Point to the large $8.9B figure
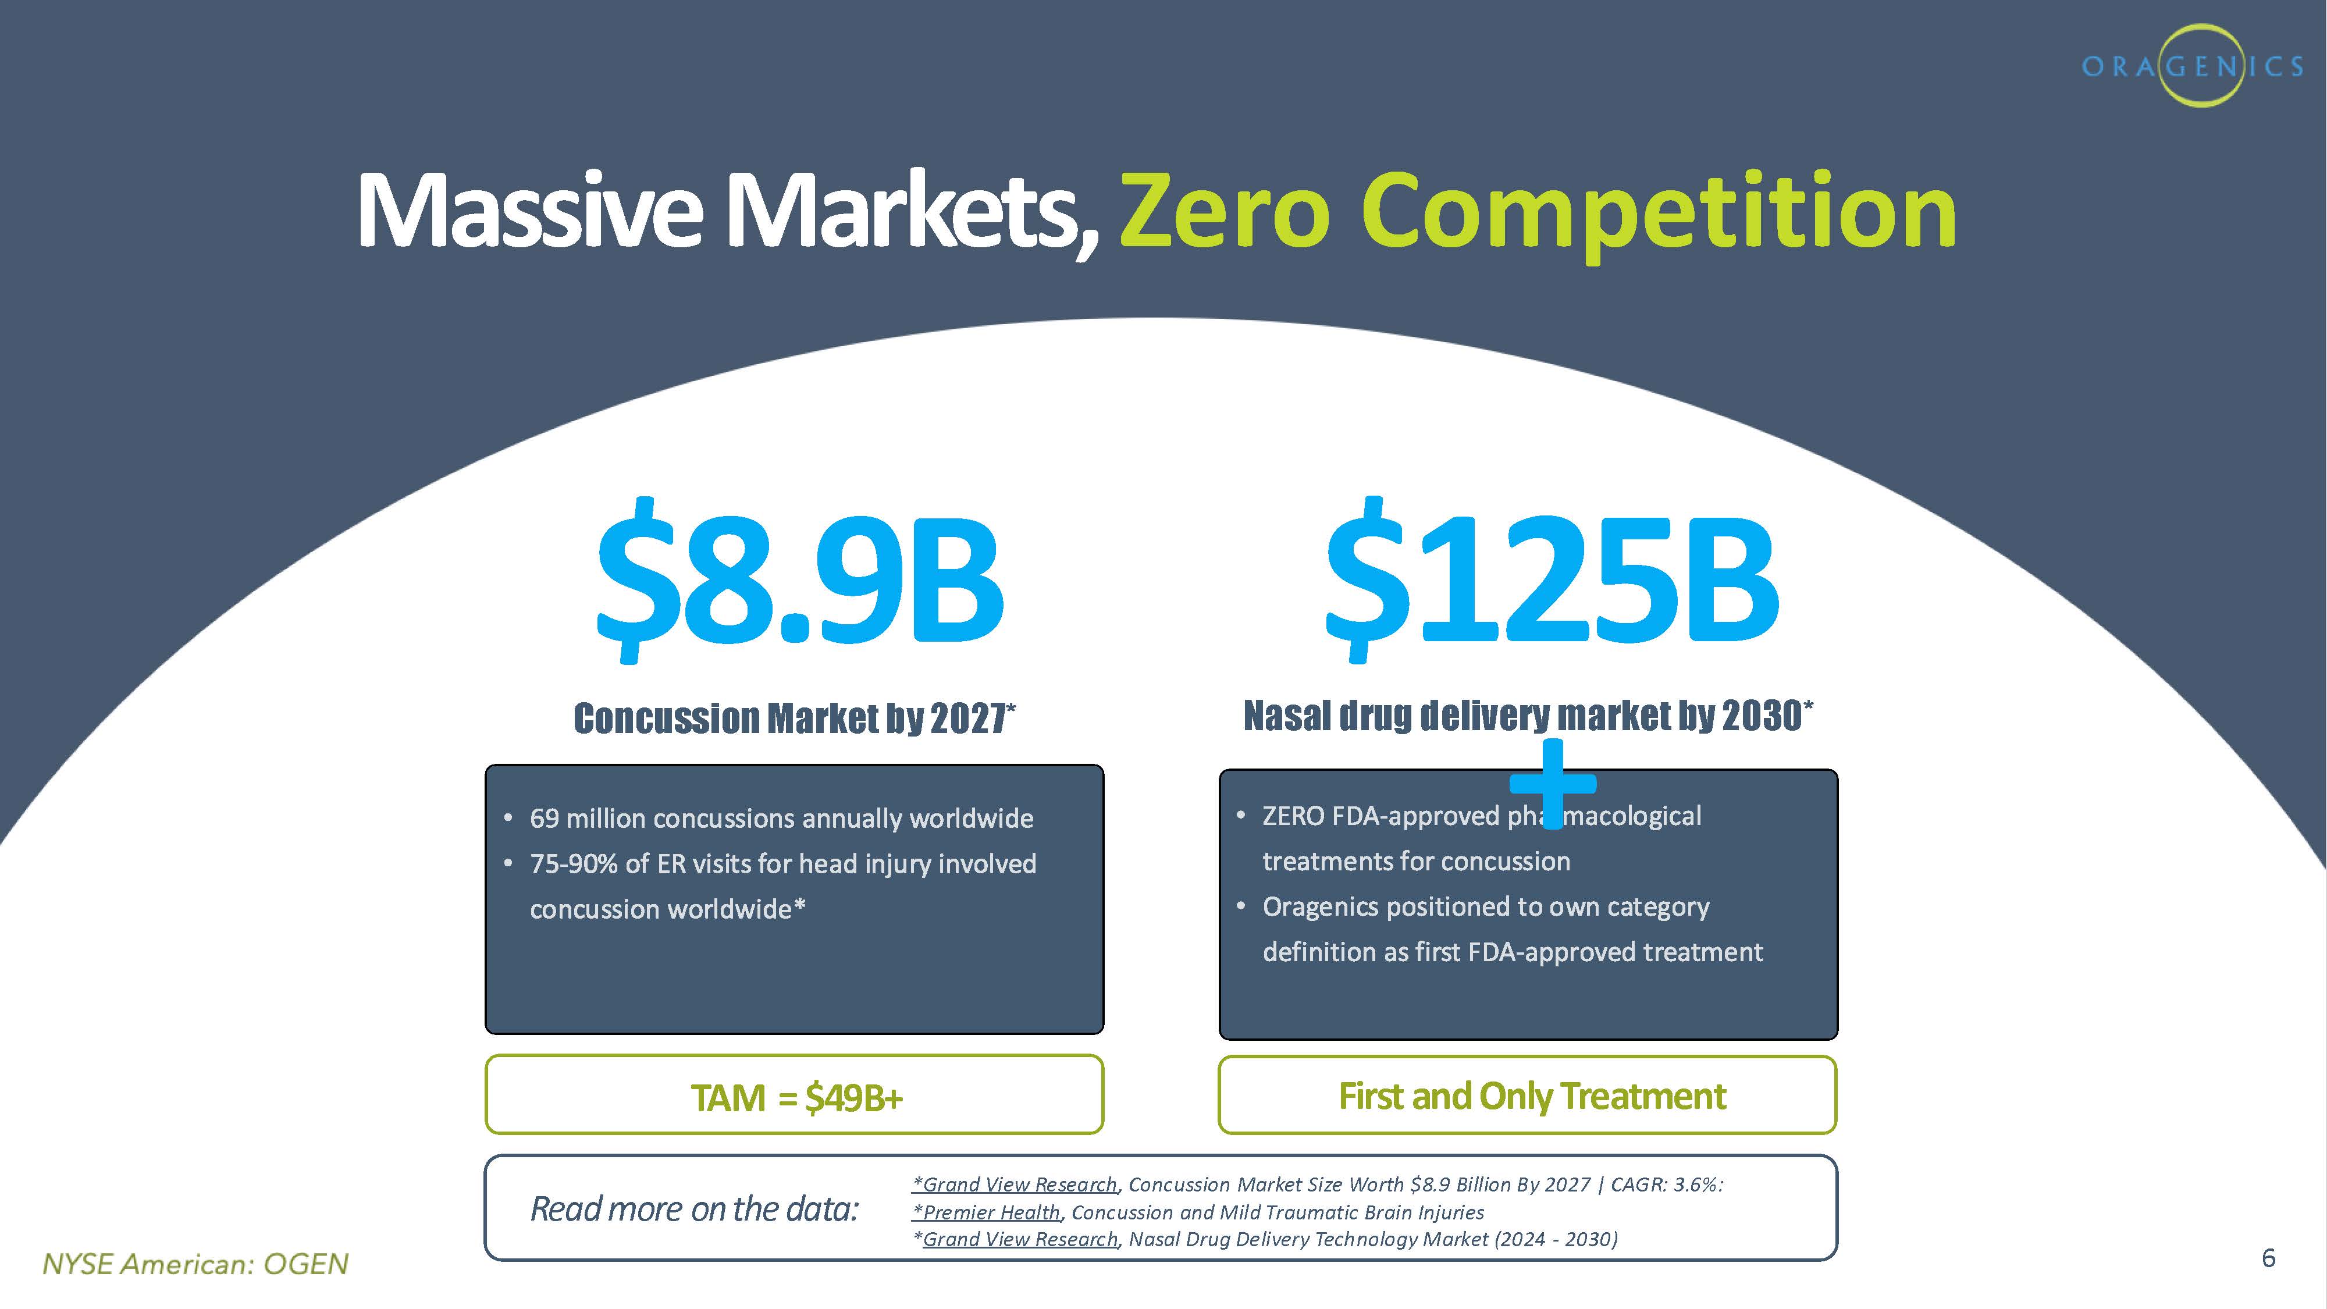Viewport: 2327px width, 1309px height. [799, 578]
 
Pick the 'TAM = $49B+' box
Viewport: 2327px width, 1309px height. [794, 1094]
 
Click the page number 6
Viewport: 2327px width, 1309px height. [2268, 1257]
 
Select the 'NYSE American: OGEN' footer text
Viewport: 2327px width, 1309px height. [195, 1263]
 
